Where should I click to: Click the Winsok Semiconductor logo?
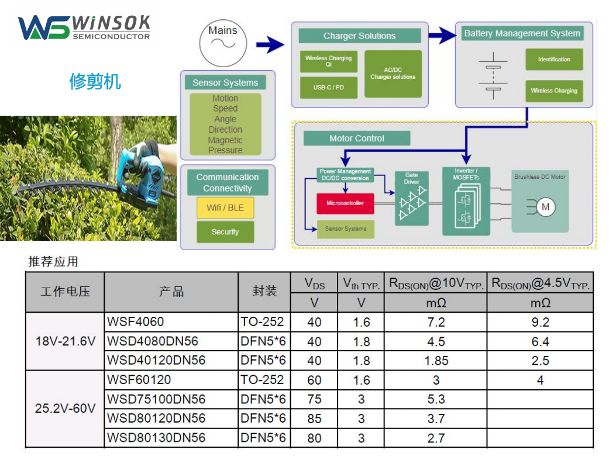click(x=84, y=27)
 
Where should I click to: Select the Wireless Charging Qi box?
click(x=328, y=61)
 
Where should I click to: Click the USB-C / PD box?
click(x=328, y=88)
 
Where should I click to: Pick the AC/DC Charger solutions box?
click(x=393, y=74)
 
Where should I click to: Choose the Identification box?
click(x=553, y=60)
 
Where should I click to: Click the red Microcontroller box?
click(x=345, y=203)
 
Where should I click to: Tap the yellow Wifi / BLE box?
click(x=225, y=207)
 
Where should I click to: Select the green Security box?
click(x=225, y=232)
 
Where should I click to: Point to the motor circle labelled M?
click(x=545, y=207)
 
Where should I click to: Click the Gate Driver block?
click(x=412, y=199)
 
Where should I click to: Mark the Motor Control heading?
click(x=357, y=139)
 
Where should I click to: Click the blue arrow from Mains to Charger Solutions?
click(x=270, y=44)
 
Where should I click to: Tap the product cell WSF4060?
click(x=136, y=322)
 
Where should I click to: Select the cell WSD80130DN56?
click(x=156, y=438)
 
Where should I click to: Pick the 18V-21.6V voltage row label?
click(x=65, y=341)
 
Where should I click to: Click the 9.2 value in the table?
click(x=540, y=322)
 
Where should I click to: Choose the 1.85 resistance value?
click(x=436, y=361)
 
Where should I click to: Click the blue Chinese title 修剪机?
click(x=95, y=81)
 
